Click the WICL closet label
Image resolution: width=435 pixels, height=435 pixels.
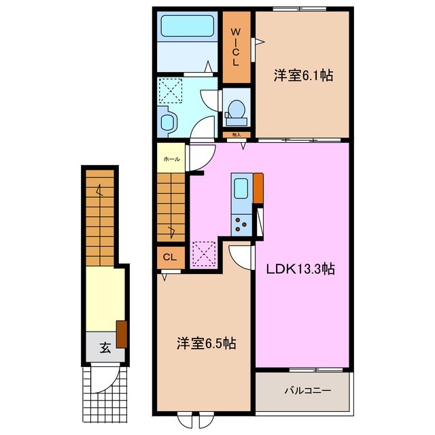(x=236, y=48)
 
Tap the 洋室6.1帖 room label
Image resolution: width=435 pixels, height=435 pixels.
(x=304, y=75)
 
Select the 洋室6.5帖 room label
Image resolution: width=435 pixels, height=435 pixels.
(x=207, y=343)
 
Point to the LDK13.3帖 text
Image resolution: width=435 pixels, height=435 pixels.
(x=300, y=269)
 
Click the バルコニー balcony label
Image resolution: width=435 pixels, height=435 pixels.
(x=308, y=391)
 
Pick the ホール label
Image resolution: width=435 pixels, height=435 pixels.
(x=172, y=159)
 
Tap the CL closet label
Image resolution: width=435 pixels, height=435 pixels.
(x=170, y=258)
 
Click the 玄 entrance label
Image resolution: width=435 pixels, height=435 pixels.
(x=105, y=347)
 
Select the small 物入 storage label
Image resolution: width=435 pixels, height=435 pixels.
(x=237, y=135)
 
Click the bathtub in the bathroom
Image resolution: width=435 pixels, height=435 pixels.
(x=188, y=26)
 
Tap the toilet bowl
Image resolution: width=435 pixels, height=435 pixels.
(x=237, y=111)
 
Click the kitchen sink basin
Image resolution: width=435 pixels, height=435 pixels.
(x=241, y=188)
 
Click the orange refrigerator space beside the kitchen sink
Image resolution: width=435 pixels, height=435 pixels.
(x=258, y=188)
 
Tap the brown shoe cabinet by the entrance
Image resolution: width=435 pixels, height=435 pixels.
(x=122, y=334)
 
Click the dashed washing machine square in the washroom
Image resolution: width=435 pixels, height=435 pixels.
(x=170, y=90)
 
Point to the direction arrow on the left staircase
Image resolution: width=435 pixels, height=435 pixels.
(x=99, y=191)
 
